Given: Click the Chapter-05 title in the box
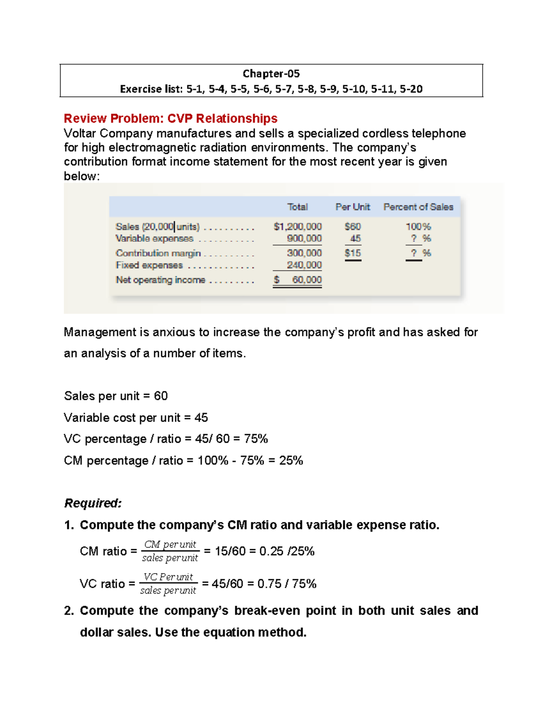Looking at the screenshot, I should tap(271, 73).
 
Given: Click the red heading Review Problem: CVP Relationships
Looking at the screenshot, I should tap(171, 119).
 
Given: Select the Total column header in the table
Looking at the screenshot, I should tap(297, 207).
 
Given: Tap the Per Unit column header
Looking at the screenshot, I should tap(352, 207).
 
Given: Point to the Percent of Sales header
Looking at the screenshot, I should tap(418, 207).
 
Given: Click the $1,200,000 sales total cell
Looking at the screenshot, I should tap(297, 226).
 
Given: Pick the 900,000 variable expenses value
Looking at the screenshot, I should tap(304, 239).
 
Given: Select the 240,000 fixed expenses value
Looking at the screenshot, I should tap(304, 265).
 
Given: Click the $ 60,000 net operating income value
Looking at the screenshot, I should tap(298, 280).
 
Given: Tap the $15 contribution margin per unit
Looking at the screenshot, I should tap(352, 253).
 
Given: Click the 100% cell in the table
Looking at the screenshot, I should tap(418, 226).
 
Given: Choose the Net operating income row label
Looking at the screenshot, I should tap(160, 280).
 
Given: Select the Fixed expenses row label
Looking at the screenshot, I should tap(149, 265).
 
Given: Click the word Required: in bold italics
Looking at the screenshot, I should tap(93, 503).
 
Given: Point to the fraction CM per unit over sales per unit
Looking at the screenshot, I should tap(170, 551).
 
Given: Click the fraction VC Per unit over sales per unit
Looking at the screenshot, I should tap(168, 583).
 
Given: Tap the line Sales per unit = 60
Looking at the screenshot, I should tap(116, 396).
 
